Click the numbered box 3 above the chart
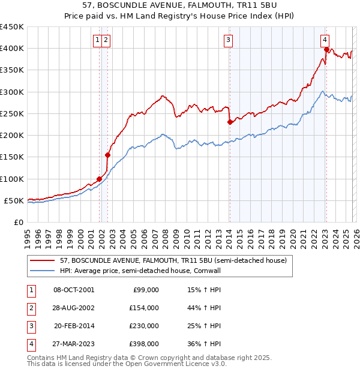229,40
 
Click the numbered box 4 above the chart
325,40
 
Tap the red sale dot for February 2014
230,122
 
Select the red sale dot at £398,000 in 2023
326,50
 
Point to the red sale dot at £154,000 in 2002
108,155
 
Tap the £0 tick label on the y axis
17,222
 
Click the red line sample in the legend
43,260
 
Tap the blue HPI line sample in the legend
43,271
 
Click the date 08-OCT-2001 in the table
74,290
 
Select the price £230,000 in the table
144,326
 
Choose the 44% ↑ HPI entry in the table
205,308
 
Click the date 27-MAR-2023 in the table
74,344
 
